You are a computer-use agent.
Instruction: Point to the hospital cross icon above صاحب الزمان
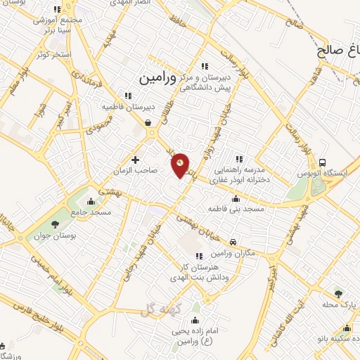tap(136, 160)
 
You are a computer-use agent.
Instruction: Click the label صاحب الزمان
tap(136, 170)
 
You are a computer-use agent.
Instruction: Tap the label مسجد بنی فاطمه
tap(235, 209)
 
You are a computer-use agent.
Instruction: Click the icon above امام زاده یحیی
tap(195, 322)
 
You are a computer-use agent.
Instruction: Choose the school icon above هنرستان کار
tap(199, 256)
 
